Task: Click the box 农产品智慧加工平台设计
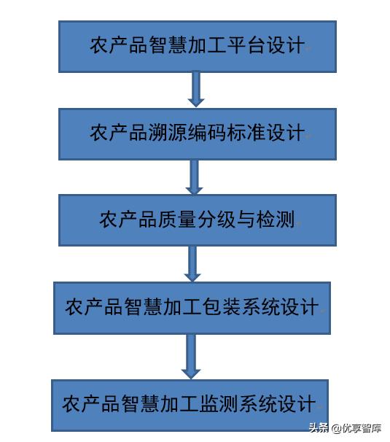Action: pos(198,47)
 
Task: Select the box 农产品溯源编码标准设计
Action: pos(198,134)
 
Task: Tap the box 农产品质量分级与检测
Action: pos(198,220)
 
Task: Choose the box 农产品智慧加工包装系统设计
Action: pos(192,308)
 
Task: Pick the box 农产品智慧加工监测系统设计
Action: pos(190,406)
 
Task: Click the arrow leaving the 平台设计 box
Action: pos(196,90)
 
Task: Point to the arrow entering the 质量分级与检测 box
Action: pos(194,177)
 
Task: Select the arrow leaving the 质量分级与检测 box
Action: pos(192,264)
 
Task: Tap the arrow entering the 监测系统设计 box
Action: pos(191,357)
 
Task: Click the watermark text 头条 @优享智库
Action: pos(346,428)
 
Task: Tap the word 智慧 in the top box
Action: pos(168,45)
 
